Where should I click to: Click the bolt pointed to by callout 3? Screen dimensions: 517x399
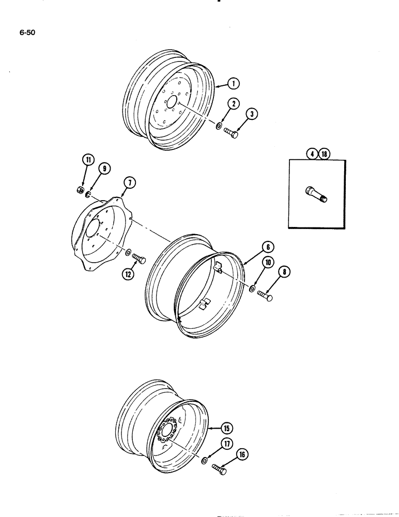coord(231,134)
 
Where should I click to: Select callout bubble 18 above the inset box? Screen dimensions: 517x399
coord(325,153)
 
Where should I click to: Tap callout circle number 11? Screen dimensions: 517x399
coord(88,160)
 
